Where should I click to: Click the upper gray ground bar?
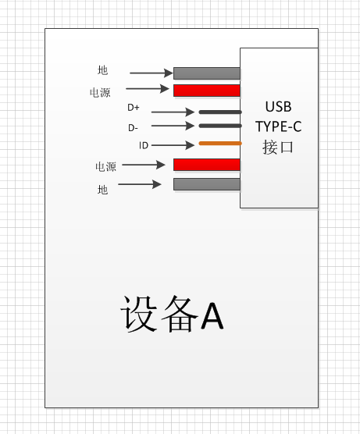click(x=207, y=73)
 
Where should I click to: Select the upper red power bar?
click(x=207, y=91)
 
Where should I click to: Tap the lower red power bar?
click(x=207, y=165)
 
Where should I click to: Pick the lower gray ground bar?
click(x=207, y=184)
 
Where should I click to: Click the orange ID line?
click(x=220, y=144)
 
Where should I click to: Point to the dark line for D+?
click(x=220, y=112)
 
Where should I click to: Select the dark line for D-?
click(x=220, y=126)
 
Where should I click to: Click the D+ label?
click(x=134, y=108)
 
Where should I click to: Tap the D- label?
click(x=133, y=128)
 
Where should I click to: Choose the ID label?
click(x=144, y=145)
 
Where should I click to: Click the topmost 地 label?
click(x=102, y=70)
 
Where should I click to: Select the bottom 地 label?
click(x=102, y=190)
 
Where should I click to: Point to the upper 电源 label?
click(x=100, y=93)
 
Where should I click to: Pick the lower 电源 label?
click(x=105, y=166)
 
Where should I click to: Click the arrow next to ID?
click(x=173, y=145)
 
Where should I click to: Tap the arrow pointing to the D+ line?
click(x=173, y=112)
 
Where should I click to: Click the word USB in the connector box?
click(x=278, y=107)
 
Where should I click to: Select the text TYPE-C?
click(x=278, y=126)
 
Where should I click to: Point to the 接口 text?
click(x=278, y=147)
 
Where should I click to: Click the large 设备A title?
click(x=172, y=314)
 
